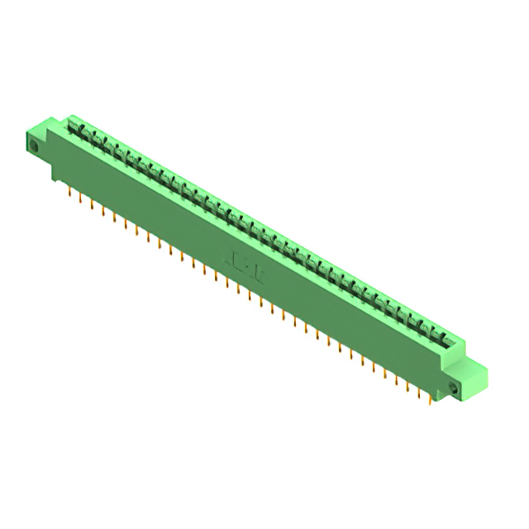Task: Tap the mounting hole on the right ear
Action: pos(453,387)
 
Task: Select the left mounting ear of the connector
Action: pos(41,142)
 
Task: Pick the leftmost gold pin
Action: pos(69,192)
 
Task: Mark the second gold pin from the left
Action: pos(80,198)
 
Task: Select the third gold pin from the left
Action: pos(92,204)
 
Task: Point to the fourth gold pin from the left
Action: pos(102,211)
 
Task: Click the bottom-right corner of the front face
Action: pos(439,395)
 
